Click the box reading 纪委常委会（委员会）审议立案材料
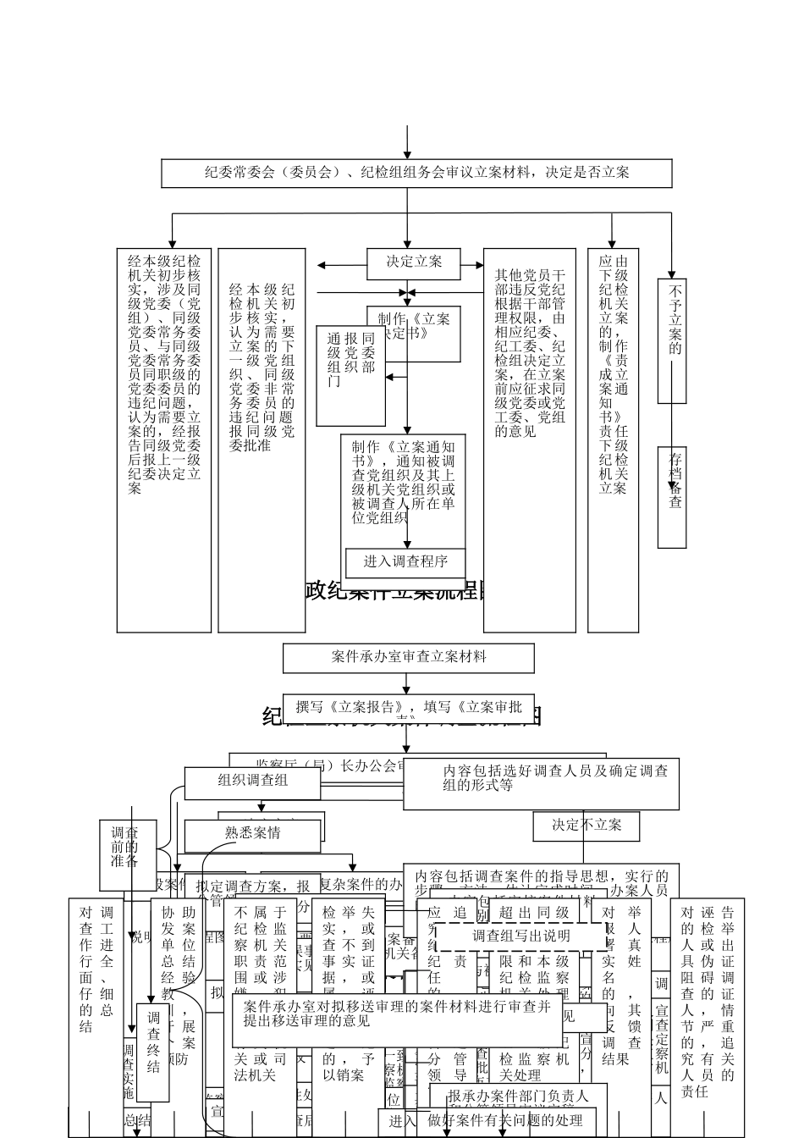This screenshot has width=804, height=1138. (x=416, y=173)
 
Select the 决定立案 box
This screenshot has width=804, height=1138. (x=414, y=262)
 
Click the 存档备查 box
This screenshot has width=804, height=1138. (x=673, y=498)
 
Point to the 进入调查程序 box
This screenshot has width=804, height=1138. (x=405, y=562)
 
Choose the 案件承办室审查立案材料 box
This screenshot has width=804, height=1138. (x=408, y=657)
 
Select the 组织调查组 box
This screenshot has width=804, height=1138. (x=252, y=782)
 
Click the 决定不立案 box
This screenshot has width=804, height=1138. (x=586, y=826)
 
